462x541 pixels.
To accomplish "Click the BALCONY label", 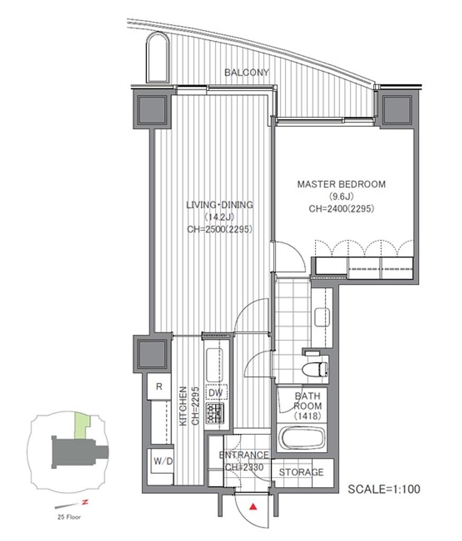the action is [246, 72].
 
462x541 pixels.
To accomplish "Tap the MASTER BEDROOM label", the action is [341, 184].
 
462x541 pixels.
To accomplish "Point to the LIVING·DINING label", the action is [219, 204].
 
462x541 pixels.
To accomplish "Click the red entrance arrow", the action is [254, 507].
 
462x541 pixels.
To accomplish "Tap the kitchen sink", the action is [215, 365].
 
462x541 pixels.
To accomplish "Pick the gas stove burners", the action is [215, 413].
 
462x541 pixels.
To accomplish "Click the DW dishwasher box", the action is [216, 393].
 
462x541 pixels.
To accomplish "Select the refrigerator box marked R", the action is [159, 386].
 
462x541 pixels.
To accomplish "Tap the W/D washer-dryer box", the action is [163, 461].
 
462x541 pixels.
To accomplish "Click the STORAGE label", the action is [301, 472].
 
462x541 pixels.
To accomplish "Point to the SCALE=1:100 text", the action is [384, 489].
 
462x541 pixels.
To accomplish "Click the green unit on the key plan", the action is [82, 425].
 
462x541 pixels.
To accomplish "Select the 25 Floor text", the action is [69, 517].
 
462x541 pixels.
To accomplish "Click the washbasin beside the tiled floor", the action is [322, 318].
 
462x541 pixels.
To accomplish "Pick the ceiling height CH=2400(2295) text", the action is [341, 208].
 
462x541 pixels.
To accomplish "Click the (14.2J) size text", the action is [219, 217].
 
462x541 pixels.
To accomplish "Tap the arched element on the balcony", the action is [158, 57].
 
